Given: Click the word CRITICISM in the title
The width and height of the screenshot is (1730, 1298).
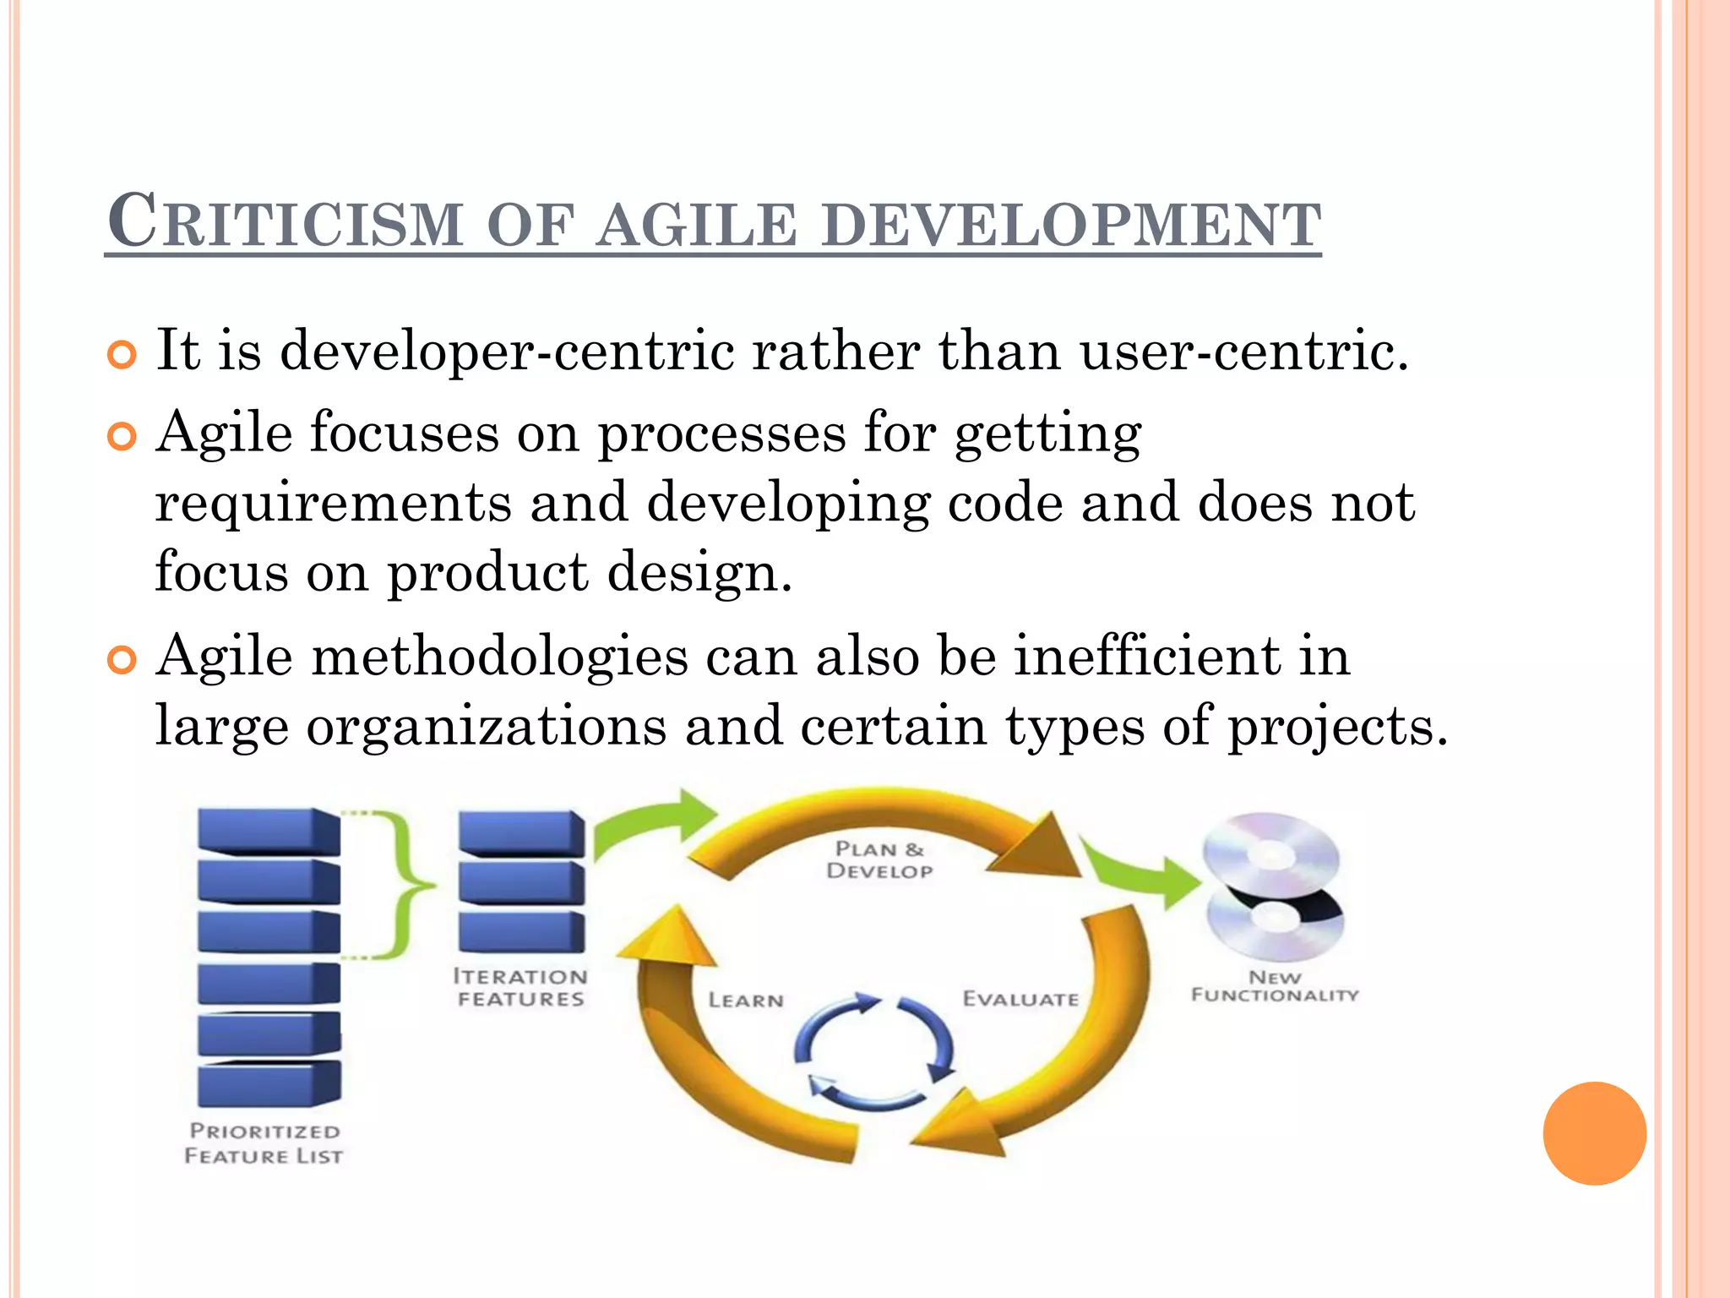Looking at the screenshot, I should pyautogui.click(x=286, y=221).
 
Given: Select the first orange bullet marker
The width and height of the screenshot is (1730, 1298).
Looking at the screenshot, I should pyautogui.click(x=122, y=355).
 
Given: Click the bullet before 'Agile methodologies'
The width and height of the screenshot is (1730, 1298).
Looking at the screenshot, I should pyautogui.click(x=122, y=660).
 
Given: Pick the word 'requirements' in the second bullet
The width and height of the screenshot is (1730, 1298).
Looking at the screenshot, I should pyautogui.click(x=333, y=504).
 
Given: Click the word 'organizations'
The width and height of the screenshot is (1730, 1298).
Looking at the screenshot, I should pyautogui.click(x=487, y=727).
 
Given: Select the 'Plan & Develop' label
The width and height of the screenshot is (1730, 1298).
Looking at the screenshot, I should pyautogui.click(x=879, y=860).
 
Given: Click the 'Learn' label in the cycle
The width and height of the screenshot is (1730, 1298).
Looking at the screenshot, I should pyautogui.click(x=746, y=1001).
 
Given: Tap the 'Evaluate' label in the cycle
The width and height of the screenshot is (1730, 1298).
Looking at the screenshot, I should pyautogui.click(x=1020, y=999).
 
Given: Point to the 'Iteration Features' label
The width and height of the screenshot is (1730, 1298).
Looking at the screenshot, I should pyautogui.click(x=520, y=988).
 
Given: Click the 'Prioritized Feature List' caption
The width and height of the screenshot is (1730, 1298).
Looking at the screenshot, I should pyautogui.click(x=264, y=1143).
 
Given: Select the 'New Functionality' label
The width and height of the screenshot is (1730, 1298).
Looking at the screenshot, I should pyautogui.click(x=1275, y=986).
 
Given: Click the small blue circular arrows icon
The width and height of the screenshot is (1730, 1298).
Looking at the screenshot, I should pyautogui.click(x=874, y=1052).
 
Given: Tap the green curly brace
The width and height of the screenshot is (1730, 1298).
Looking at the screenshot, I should pyautogui.click(x=405, y=885).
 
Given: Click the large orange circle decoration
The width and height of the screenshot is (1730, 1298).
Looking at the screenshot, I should pyautogui.click(x=1594, y=1133).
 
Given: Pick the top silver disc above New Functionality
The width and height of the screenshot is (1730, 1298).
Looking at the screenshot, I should pyautogui.click(x=1270, y=854).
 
